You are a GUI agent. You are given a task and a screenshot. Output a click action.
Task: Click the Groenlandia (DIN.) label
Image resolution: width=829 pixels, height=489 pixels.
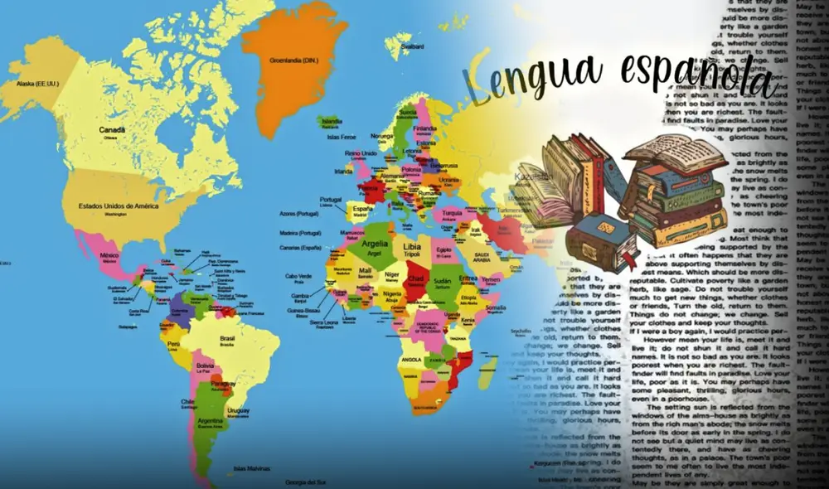point(296,60)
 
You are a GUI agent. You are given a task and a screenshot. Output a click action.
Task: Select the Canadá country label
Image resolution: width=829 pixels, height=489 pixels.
point(112,130)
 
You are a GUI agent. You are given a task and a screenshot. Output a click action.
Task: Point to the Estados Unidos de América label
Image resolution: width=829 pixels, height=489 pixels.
point(118,206)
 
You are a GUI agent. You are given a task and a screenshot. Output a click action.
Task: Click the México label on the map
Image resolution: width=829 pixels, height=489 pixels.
point(109,256)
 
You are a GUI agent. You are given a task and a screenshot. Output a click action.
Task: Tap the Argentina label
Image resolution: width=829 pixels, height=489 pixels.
point(209,420)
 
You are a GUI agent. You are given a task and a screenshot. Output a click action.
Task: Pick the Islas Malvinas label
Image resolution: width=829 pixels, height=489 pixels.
point(250,468)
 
